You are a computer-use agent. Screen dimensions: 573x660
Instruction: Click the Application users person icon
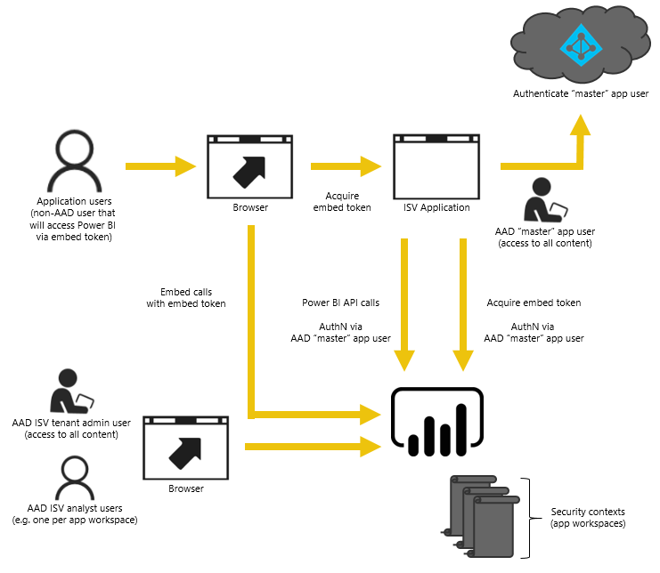point(74,161)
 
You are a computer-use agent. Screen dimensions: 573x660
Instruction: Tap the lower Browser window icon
point(185,447)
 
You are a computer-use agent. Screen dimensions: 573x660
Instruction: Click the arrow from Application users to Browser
point(160,165)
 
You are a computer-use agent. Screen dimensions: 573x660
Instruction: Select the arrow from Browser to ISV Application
point(345,165)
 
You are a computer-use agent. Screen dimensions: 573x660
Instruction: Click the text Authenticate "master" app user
point(580,93)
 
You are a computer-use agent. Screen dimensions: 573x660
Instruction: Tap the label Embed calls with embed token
point(186,297)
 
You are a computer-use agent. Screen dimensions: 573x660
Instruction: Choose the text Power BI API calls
point(340,303)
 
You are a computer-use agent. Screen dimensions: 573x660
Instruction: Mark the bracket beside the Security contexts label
point(526,519)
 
